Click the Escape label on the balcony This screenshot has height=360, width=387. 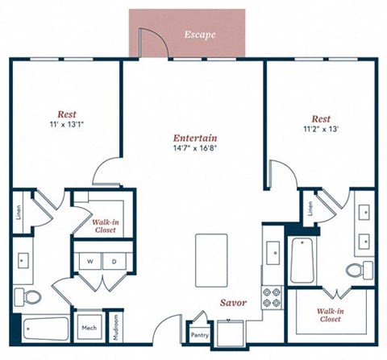198,35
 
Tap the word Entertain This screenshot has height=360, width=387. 194,137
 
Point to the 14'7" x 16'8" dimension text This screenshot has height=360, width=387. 194,148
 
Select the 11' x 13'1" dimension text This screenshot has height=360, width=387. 67,126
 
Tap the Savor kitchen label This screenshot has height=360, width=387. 234,303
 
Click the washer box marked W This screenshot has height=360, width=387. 91,262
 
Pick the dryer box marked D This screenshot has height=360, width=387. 114,262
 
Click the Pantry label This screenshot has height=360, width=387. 198,334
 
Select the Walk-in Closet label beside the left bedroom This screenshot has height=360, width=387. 104,225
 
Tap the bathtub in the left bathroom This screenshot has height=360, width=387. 46,329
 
